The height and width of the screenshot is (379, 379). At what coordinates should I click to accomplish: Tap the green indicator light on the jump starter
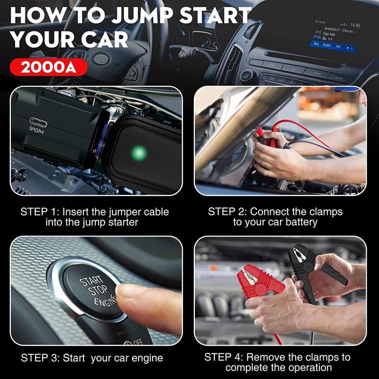[x=140, y=153]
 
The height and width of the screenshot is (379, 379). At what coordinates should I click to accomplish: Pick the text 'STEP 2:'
[x=227, y=212]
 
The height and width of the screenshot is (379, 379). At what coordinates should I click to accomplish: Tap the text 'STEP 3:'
[x=40, y=358]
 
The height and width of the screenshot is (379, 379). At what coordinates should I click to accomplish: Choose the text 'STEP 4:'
[x=224, y=357]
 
